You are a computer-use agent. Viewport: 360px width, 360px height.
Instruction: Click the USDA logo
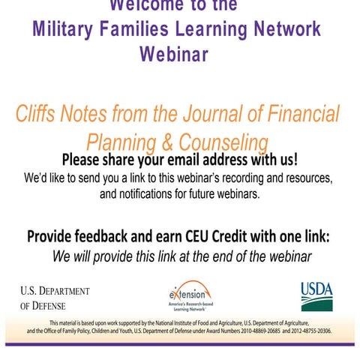click(x=316, y=296)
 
